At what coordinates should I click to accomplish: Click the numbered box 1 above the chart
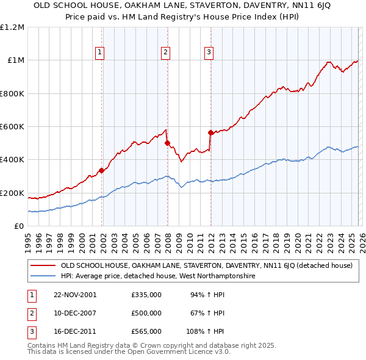(100, 52)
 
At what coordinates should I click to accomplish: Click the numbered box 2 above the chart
(165, 52)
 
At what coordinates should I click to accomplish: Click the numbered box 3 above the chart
(209, 52)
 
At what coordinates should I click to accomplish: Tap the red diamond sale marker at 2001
(102, 171)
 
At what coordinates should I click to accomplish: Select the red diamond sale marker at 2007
(167, 143)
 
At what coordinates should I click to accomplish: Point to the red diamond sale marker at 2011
(210, 132)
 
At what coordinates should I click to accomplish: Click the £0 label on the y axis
(19, 226)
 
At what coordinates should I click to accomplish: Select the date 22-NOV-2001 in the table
(76, 295)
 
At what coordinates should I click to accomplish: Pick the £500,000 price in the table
(146, 313)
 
